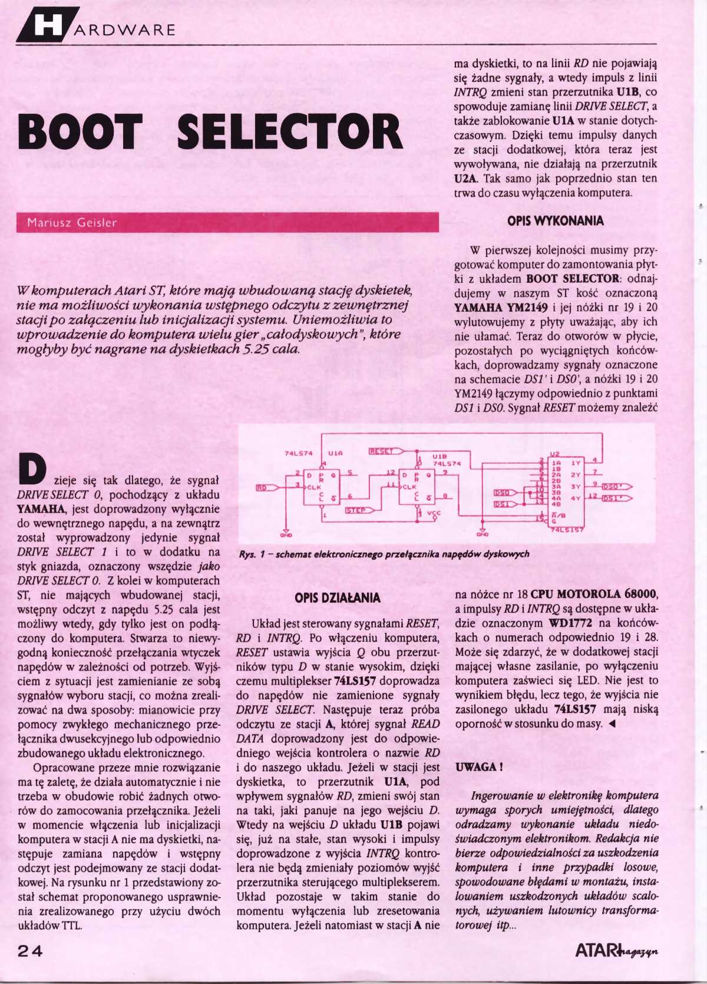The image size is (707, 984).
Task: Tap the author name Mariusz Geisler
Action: pos(72,223)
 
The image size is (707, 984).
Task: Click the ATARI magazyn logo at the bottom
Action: pos(616,950)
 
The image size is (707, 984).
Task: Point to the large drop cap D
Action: pos(32,470)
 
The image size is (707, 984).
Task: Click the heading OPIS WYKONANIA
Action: pos(555,221)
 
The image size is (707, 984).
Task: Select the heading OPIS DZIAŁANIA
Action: pos(338,598)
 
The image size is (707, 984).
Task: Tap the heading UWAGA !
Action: pos(479,767)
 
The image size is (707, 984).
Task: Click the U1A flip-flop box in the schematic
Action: pos(322,488)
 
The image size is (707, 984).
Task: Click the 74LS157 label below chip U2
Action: pos(567,530)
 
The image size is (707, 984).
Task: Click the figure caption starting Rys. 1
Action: pos(384,554)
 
